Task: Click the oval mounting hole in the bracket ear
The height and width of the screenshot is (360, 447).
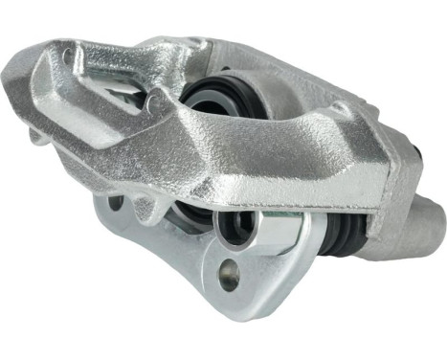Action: (x=228, y=279)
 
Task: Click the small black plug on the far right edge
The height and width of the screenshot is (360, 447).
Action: (x=419, y=154)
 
